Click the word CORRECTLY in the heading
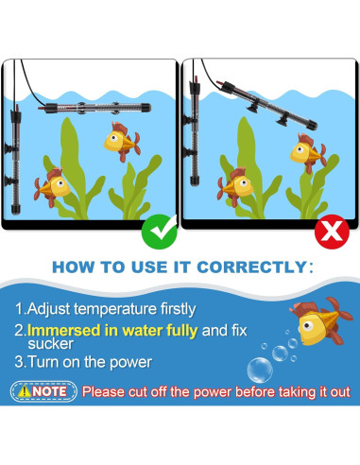click(249, 267)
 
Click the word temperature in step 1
click(128, 307)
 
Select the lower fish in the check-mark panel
click(53, 182)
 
